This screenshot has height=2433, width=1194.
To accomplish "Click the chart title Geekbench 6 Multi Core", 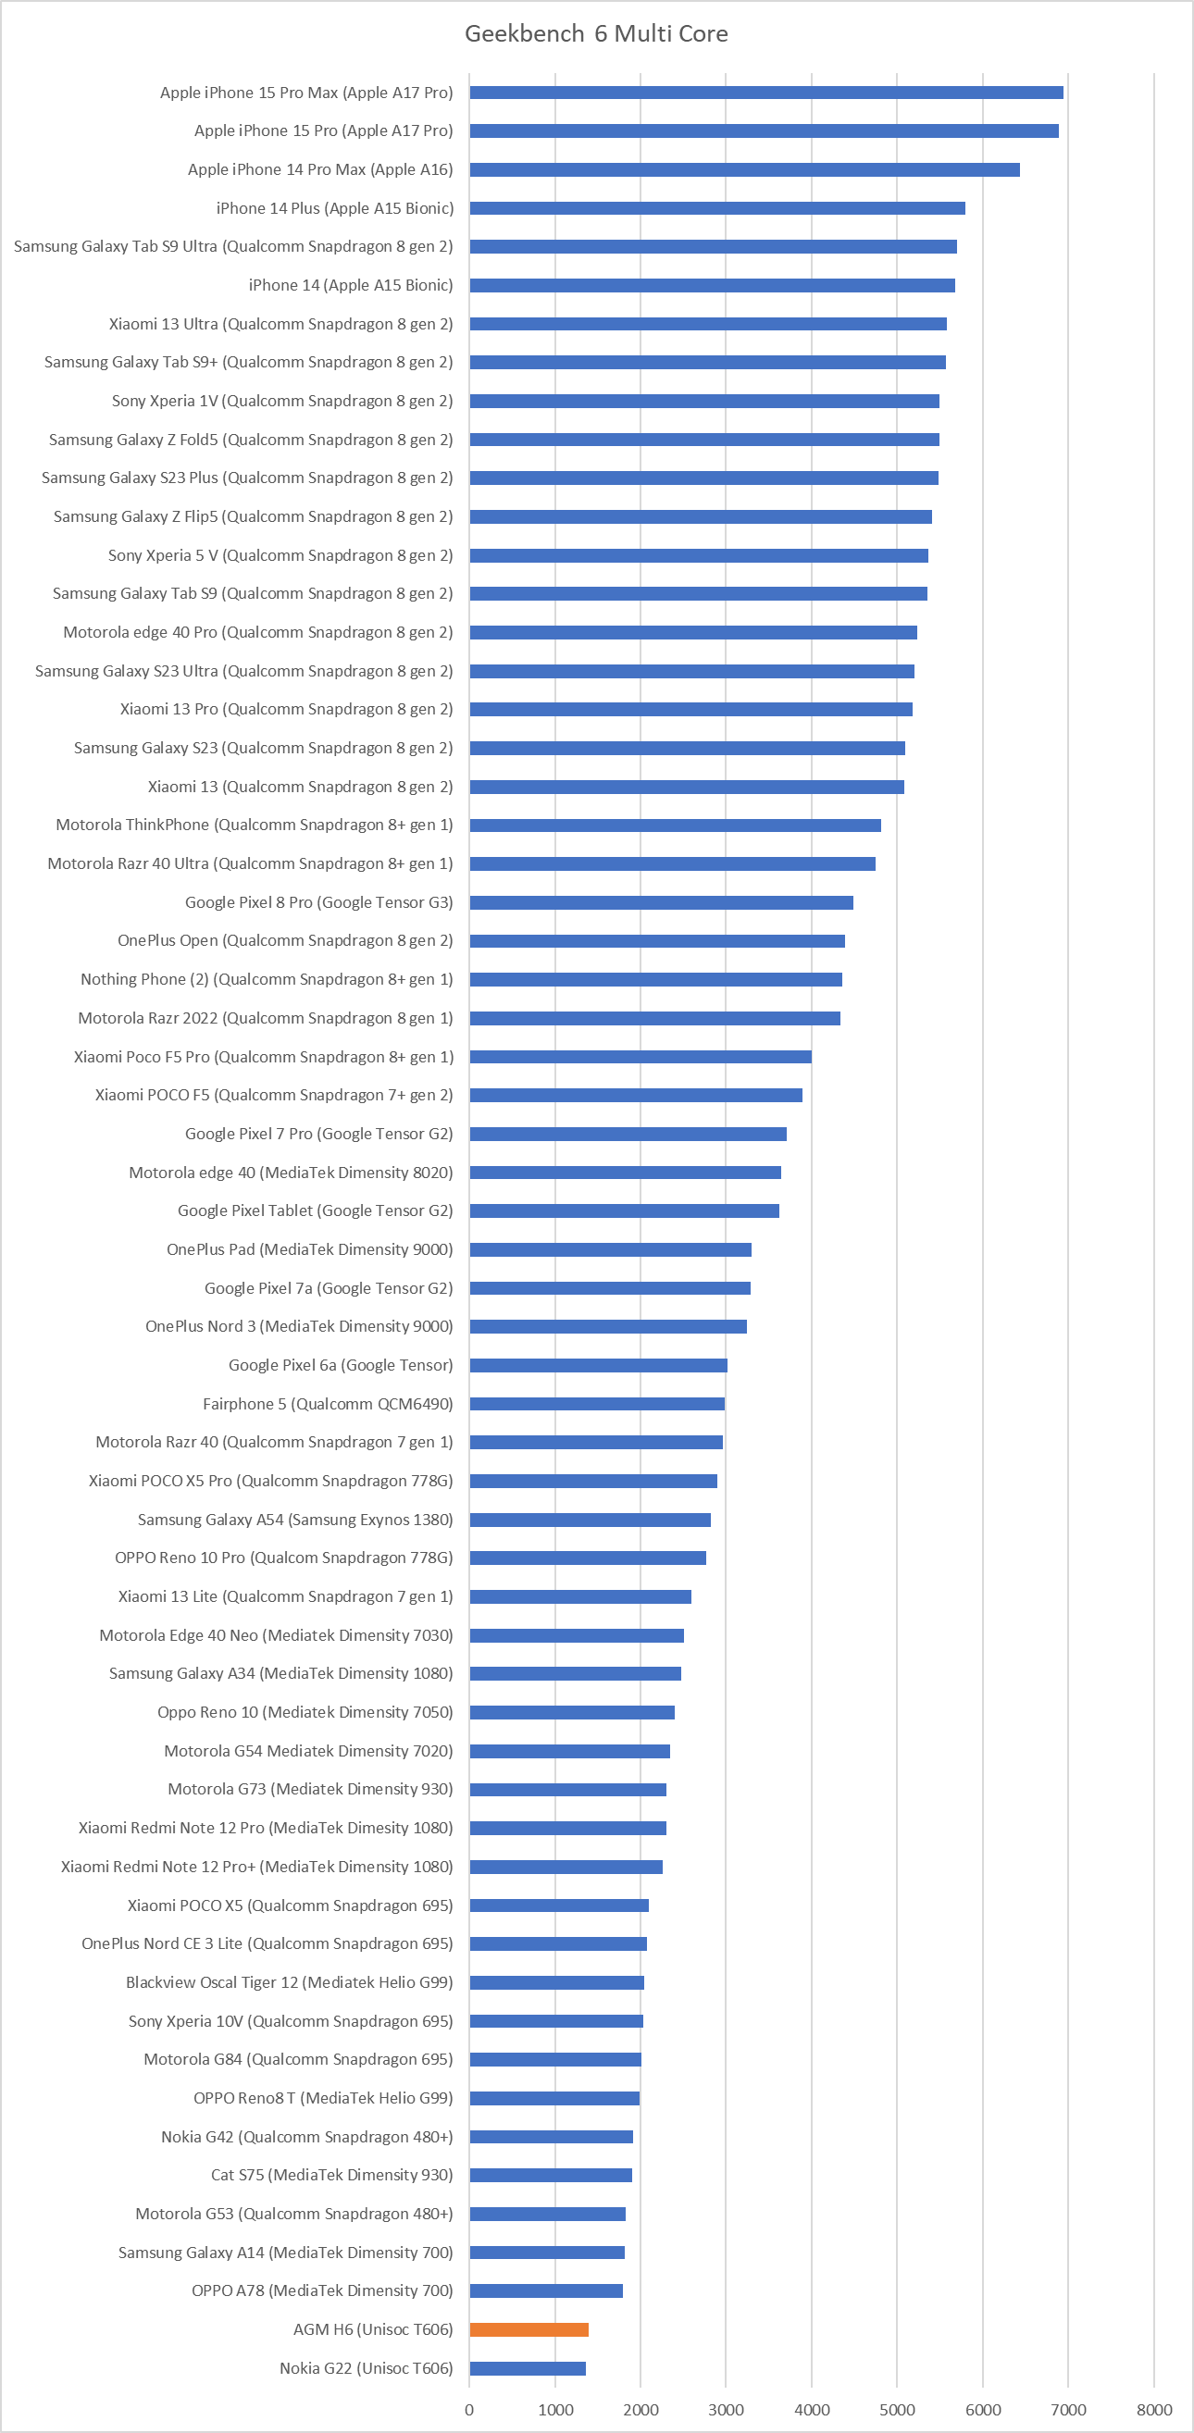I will [x=596, y=34].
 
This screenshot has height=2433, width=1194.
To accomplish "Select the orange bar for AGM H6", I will [x=529, y=2329].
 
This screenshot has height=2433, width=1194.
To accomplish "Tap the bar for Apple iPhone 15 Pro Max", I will [x=766, y=93].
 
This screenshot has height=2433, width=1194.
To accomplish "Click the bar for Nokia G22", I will [x=527, y=2368].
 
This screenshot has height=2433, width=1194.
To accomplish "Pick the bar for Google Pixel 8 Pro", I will [x=661, y=902].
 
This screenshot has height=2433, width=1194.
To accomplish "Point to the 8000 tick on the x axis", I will [x=1153, y=2409].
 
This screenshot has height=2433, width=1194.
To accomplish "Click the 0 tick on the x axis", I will [x=469, y=2409].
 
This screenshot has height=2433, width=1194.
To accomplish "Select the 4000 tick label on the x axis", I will [x=812, y=2409].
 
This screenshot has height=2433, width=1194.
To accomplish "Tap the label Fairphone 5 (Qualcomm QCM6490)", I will [x=328, y=1404].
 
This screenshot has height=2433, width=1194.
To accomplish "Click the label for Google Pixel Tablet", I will [x=316, y=1210].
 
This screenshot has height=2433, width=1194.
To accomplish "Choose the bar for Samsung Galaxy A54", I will [x=591, y=1520].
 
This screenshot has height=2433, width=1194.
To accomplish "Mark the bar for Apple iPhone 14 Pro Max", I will [x=744, y=170].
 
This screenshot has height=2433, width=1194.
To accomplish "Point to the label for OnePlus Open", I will [x=285, y=940].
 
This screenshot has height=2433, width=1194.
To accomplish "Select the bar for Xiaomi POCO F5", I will [x=636, y=1095].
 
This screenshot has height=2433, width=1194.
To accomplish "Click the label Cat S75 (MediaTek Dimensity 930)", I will [x=331, y=2175].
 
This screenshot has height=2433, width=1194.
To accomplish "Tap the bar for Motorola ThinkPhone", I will [x=676, y=825].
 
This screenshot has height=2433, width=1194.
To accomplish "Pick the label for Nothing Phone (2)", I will [x=267, y=979].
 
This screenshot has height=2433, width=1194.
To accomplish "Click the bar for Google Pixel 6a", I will [x=598, y=1365].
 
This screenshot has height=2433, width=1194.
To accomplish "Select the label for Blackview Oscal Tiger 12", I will [x=289, y=1982].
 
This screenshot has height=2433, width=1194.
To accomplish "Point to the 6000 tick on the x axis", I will [x=982, y=2409].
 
